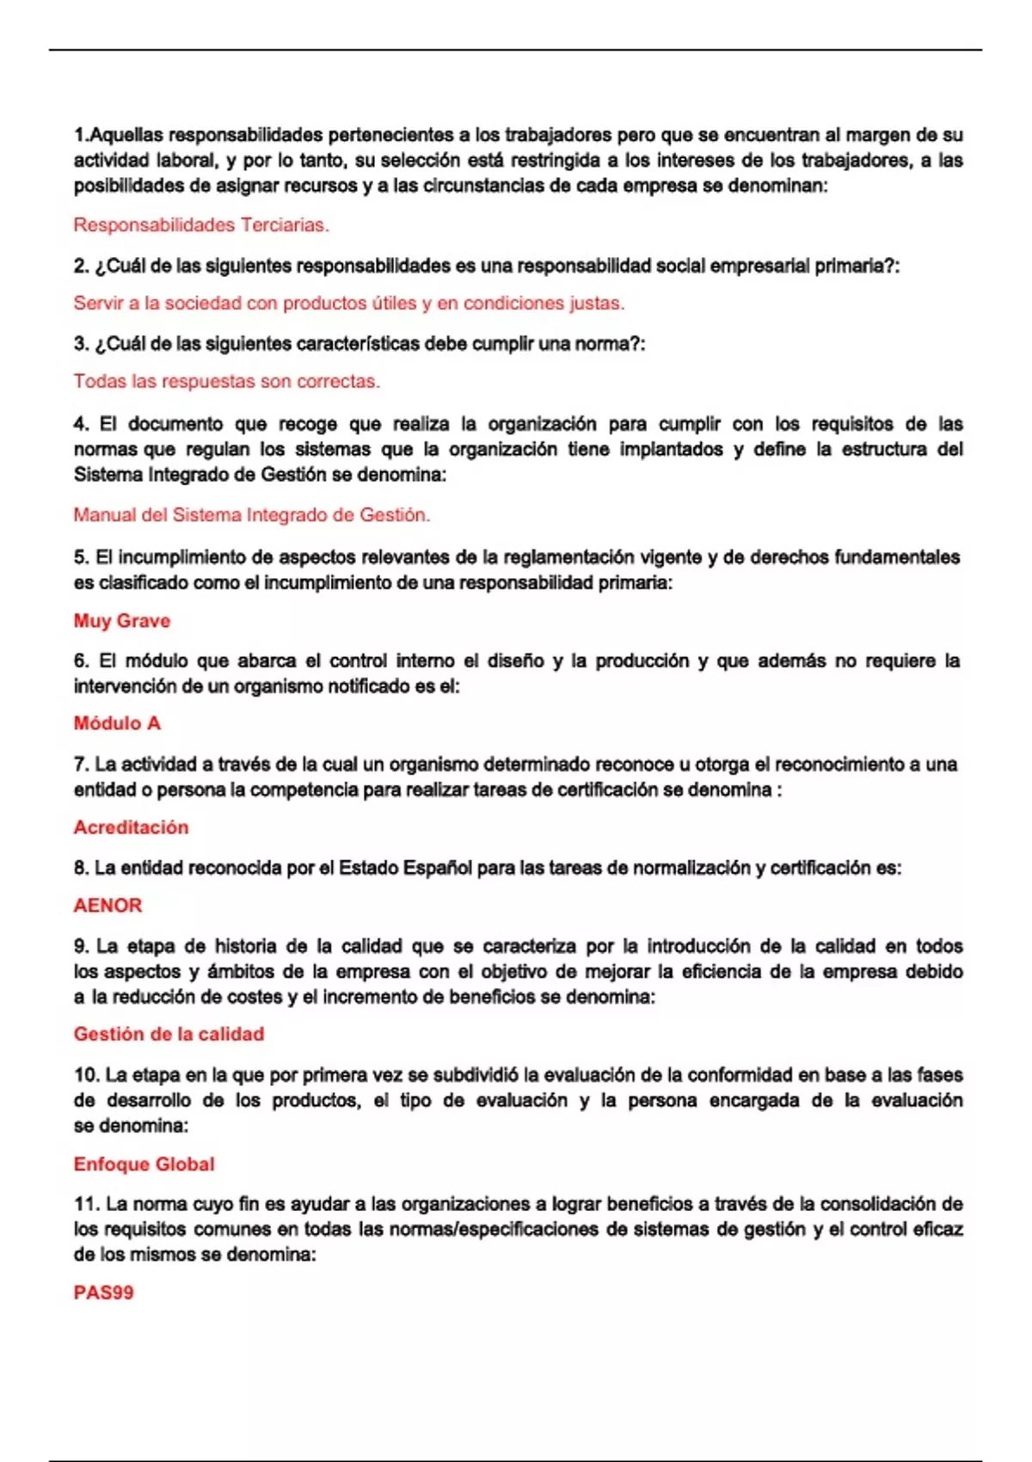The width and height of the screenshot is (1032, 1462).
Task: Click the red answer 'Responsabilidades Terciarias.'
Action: (201, 225)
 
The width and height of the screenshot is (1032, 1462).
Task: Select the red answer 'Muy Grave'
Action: (122, 621)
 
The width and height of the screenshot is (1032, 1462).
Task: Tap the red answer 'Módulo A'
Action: (117, 723)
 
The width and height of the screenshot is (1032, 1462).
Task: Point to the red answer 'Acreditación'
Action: (131, 827)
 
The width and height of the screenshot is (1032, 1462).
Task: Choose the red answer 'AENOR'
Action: (107, 906)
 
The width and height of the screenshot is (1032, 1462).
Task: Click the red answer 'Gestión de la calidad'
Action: (169, 1035)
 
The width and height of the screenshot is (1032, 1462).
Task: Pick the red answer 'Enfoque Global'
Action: (144, 1164)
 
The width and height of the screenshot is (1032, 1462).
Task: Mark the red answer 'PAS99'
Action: (103, 1293)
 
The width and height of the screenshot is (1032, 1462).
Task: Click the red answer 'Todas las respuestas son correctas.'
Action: (226, 381)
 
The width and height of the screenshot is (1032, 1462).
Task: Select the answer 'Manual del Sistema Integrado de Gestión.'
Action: (251, 515)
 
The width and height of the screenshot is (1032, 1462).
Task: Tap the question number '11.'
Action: (86, 1204)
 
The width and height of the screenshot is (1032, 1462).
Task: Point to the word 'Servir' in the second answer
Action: (99, 304)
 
